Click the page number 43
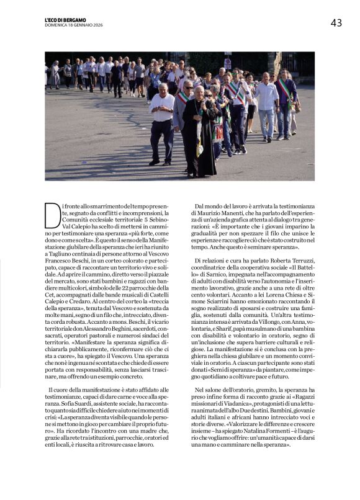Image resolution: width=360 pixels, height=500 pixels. (x=336, y=23)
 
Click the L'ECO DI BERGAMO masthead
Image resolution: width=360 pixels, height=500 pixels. (x=65, y=20)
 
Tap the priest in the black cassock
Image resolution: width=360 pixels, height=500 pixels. (x=199, y=133)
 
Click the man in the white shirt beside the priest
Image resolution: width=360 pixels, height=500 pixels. (x=162, y=124)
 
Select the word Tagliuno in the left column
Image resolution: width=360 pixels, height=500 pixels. (x=60, y=254)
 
